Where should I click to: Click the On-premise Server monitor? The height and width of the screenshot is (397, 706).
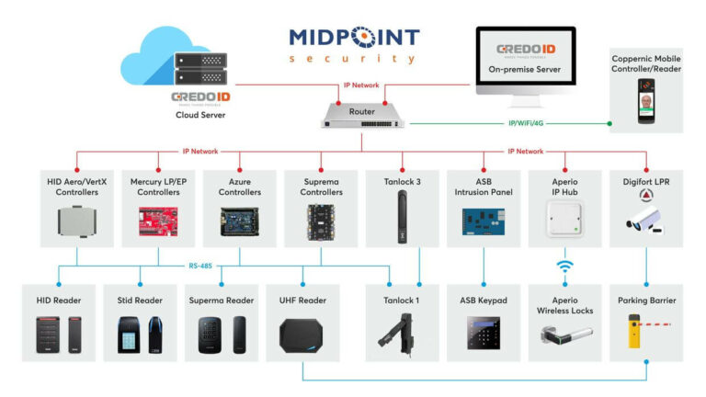[x=525, y=62]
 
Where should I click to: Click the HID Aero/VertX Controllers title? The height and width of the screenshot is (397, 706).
[x=76, y=187]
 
